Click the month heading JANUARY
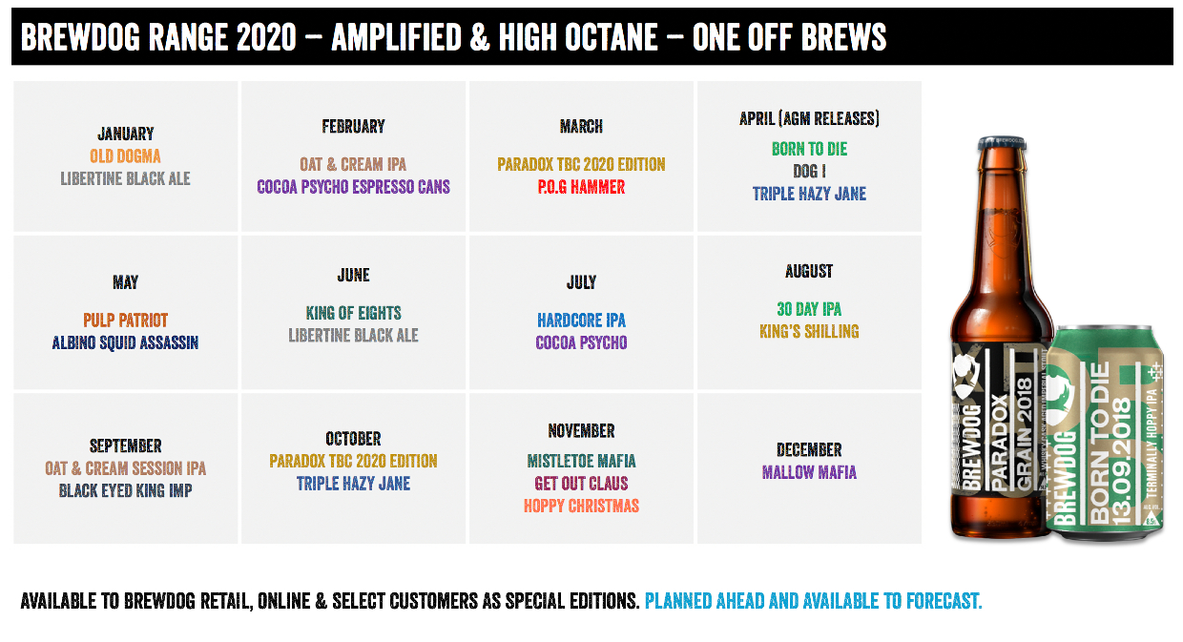pyautogui.click(x=126, y=135)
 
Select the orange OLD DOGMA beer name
pyautogui.click(x=125, y=156)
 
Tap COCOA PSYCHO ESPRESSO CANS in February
pyautogui.click(x=353, y=187)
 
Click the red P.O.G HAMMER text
pyautogui.click(x=581, y=187)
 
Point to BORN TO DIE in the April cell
pyautogui.click(x=810, y=149)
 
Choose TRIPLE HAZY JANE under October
pyautogui.click(x=353, y=484)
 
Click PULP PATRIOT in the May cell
pyautogui.click(x=125, y=321)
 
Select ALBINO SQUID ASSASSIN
pyautogui.click(x=125, y=343)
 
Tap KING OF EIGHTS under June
pyautogui.click(x=353, y=313)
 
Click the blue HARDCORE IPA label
pyautogui.click(x=581, y=321)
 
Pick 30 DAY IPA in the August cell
pyautogui.click(x=809, y=309)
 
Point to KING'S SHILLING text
pyautogui.click(x=809, y=332)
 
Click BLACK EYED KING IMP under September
pyautogui.click(x=125, y=491)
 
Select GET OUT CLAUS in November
pyautogui.click(x=581, y=484)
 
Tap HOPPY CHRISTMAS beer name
pyautogui.click(x=581, y=507)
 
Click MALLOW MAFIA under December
pyautogui.click(x=809, y=472)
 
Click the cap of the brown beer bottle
pyautogui.click(x=1002, y=142)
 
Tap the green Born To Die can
pyautogui.click(x=1105, y=433)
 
